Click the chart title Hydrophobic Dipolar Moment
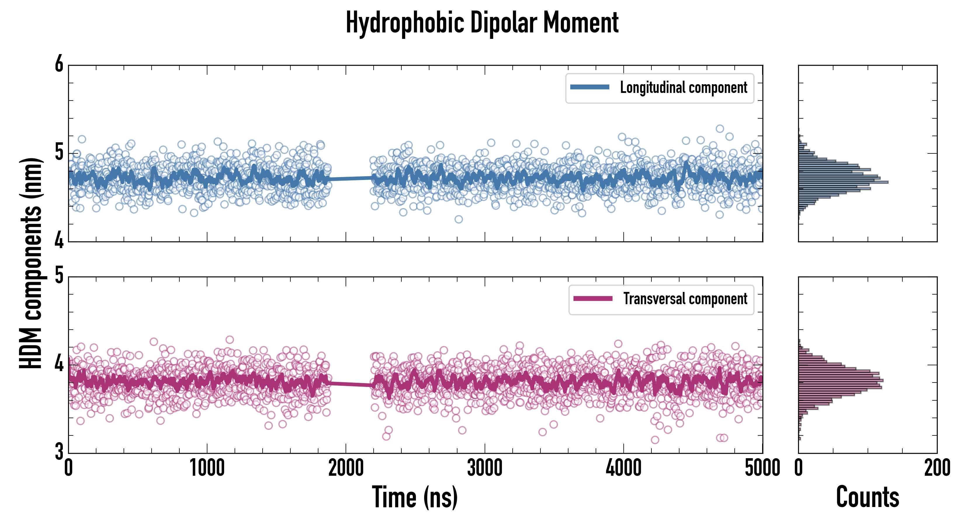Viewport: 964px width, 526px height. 482,23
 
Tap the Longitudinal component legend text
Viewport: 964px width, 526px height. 683,88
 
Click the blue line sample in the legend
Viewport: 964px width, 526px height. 590,87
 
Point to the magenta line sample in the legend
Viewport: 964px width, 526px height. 593,299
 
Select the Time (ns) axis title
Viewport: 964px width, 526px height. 415,497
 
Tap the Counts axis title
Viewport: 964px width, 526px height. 867,497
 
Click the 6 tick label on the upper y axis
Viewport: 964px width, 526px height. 59,64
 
